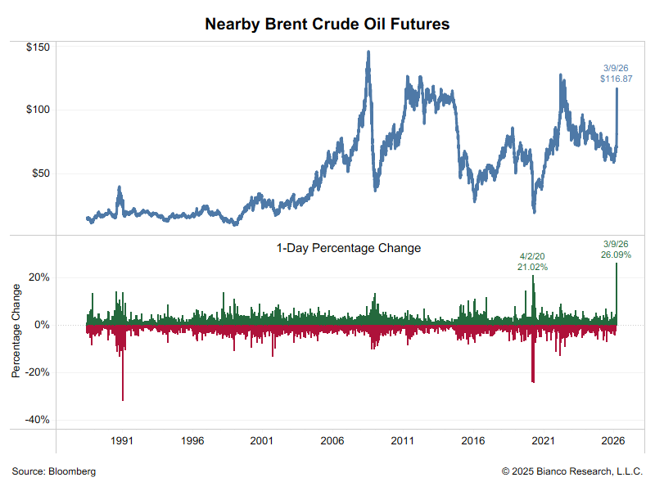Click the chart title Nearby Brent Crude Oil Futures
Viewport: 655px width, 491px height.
click(x=327, y=25)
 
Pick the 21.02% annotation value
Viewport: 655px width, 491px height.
click(x=532, y=267)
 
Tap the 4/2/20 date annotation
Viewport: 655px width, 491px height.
click(x=532, y=255)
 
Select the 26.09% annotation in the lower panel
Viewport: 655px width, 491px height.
click(x=615, y=255)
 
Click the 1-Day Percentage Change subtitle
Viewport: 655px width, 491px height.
click(x=349, y=247)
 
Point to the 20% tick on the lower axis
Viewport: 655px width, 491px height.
click(x=40, y=277)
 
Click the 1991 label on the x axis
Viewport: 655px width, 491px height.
click(x=122, y=441)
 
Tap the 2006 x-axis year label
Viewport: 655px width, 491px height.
click(x=332, y=441)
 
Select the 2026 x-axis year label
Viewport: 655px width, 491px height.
click(x=612, y=441)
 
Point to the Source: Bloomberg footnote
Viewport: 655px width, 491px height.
click(x=54, y=471)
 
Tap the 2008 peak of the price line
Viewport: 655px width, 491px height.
click(x=368, y=52)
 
